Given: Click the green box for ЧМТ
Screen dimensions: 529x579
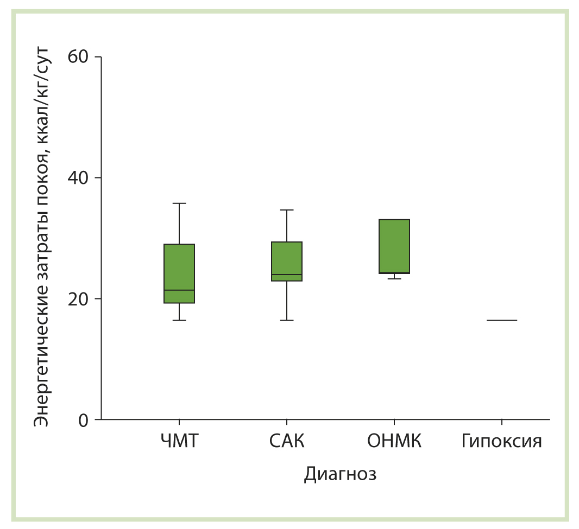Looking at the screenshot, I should [x=179, y=266].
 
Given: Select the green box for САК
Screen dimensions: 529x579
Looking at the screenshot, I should [x=287, y=258].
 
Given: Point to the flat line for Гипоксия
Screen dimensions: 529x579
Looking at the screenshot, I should [x=502, y=320].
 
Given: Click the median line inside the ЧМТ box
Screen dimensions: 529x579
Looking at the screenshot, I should [x=179, y=290].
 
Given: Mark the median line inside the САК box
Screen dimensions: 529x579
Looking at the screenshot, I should [x=287, y=275].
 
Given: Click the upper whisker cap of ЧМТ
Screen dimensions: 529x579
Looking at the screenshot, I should [x=179, y=203].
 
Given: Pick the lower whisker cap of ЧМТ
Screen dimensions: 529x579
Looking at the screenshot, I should [x=179, y=320].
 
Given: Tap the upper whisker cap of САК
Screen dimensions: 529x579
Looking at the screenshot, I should [x=287, y=210].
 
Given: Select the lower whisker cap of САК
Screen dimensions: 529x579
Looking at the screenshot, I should [x=287, y=320].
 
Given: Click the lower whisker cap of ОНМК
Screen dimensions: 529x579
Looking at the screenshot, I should [x=394, y=278].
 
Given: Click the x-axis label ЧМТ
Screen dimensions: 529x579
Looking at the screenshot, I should [x=179, y=441].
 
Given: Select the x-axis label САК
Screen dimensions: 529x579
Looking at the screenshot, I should [x=287, y=441].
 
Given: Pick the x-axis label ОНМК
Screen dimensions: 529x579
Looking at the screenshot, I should [x=394, y=441].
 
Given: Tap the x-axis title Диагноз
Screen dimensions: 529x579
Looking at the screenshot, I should [x=340, y=474].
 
